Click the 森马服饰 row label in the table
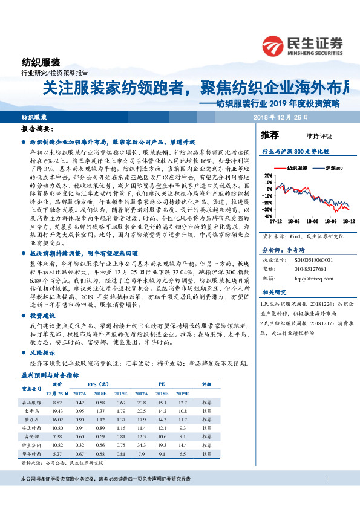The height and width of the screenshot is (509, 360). pyautogui.click(x=32, y=401)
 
